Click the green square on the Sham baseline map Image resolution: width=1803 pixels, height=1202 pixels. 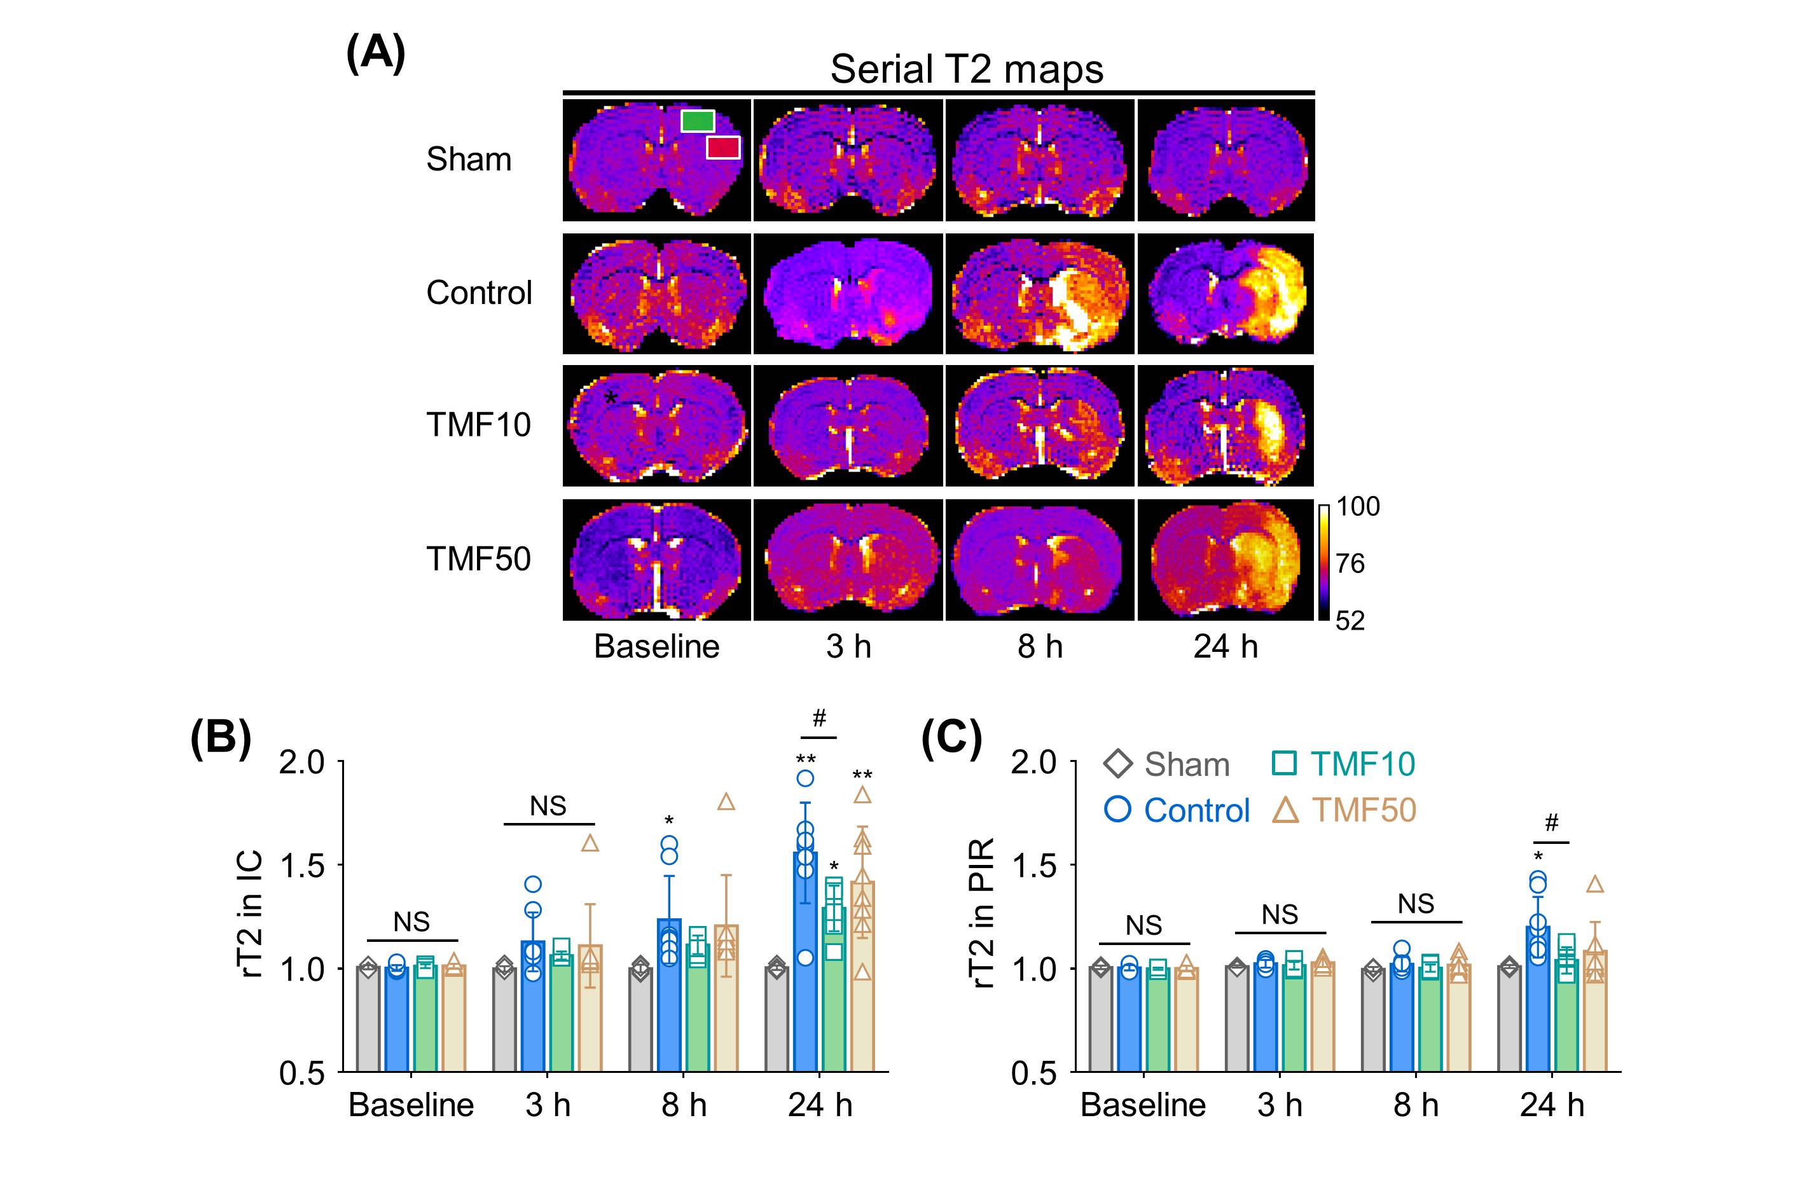pos(698,121)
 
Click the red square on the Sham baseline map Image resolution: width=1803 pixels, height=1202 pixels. pos(723,147)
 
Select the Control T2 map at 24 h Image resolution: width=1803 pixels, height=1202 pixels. pos(1225,294)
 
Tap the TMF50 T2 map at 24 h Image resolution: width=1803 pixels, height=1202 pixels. pos(1225,560)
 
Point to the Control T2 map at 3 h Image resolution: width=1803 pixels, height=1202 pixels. pos(848,294)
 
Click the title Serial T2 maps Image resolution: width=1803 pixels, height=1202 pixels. pos(966,69)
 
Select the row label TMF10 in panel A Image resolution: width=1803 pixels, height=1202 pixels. pos(478,425)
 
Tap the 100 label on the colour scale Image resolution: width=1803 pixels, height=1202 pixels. pos(1358,507)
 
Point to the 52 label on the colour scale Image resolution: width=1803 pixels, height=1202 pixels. pos(1350,620)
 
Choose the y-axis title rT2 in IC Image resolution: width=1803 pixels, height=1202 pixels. pos(251,913)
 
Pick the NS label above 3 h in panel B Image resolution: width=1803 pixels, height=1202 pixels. pos(548,806)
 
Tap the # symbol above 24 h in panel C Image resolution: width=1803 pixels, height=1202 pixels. pos(1552,824)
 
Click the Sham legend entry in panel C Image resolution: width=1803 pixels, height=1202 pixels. pos(1168,764)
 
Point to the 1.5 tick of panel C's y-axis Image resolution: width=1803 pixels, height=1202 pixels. pos(1034,866)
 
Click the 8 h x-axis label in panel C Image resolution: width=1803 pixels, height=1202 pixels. pos(1415,1105)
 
